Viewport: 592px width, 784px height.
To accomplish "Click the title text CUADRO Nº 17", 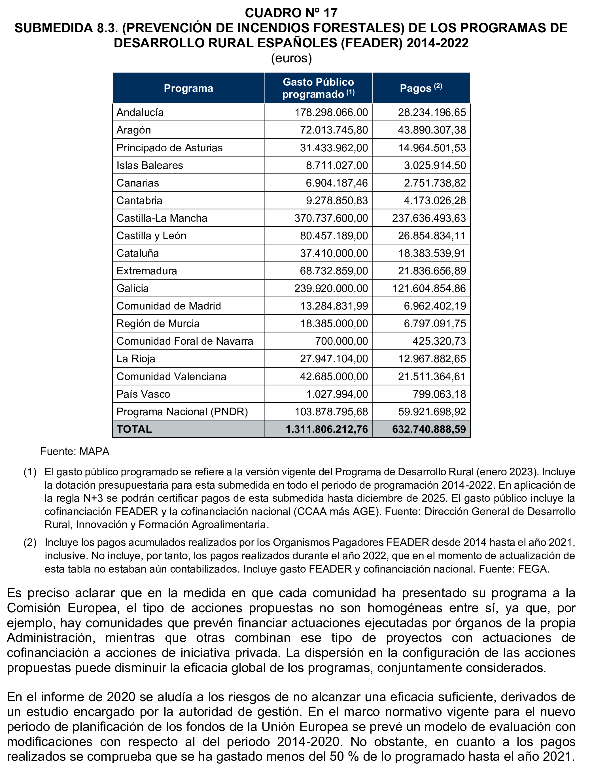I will coord(291,13).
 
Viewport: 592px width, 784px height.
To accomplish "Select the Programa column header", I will coord(188,88).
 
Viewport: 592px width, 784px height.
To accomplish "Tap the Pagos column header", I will coord(421,88).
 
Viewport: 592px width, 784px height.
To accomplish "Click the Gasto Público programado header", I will coord(318,88).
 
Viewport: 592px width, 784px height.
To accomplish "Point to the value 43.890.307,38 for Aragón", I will coord(432,130).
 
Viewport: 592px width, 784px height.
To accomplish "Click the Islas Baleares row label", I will coord(150,166).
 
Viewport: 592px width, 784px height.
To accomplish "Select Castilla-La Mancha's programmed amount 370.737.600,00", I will coord(331,218).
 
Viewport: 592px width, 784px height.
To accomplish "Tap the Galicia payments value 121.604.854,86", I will coord(429,289).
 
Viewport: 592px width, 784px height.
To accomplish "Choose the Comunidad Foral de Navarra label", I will coord(184,341).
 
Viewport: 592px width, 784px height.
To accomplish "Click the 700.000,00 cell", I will coord(341,341).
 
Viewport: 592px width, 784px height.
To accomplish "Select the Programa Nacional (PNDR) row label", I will coord(182,412).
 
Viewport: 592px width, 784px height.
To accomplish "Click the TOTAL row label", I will coord(134,429).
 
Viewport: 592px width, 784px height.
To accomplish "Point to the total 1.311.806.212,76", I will coord(327,429).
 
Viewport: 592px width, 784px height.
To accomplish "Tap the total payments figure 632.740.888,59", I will coord(429,429).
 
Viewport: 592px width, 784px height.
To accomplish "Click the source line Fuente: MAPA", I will coord(75,452).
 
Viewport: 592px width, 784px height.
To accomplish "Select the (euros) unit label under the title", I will coord(291,58).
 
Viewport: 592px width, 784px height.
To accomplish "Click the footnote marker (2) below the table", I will coord(30,542).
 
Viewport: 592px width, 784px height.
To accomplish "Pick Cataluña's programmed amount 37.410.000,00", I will coord(334,253).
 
